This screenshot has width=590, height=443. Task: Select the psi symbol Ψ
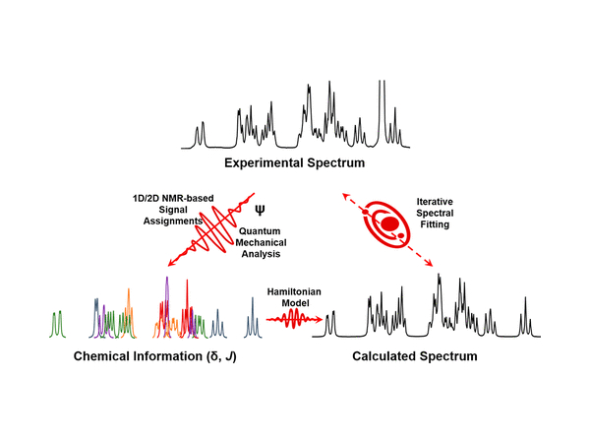(x=260, y=210)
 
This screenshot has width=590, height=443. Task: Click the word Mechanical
(x=260, y=242)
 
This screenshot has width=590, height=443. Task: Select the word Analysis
(x=260, y=254)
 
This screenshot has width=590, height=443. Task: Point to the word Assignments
(x=173, y=221)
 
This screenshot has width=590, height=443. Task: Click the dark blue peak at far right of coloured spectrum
(x=253, y=322)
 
